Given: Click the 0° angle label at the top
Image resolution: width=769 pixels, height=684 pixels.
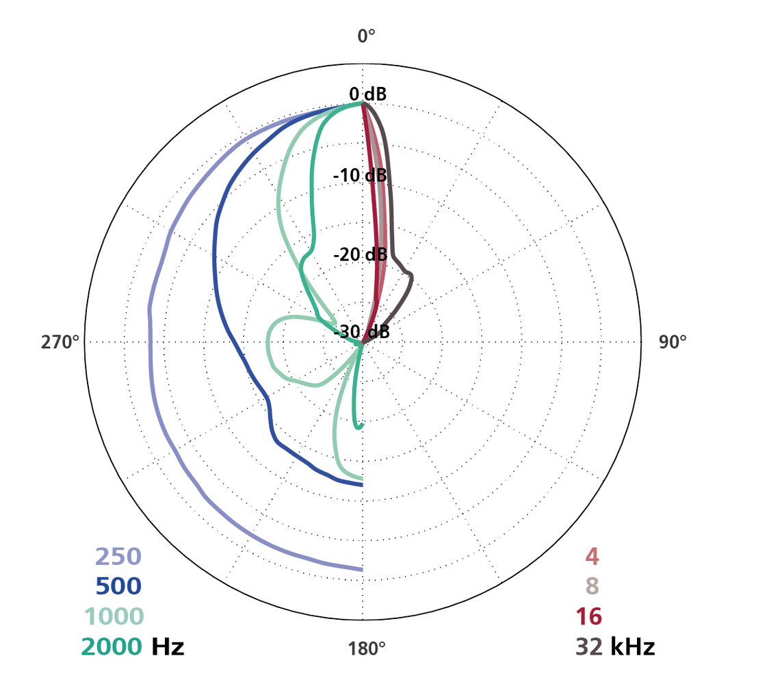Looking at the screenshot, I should pyautogui.click(x=367, y=36).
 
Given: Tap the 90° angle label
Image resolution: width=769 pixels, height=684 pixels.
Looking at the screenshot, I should pyautogui.click(x=673, y=342).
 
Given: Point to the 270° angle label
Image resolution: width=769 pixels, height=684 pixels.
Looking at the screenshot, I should pyautogui.click(x=60, y=342).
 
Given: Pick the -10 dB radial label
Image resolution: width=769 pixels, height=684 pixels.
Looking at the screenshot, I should pyautogui.click(x=361, y=176).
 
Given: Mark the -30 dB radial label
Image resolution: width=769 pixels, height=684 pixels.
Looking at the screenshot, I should pyautogui.click(x=362, y=332).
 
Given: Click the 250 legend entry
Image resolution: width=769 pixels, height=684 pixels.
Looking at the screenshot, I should pyautogui.click(x=118, y=557).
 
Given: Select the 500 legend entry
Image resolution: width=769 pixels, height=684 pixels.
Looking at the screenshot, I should pyautogui.click(x=118, y=586).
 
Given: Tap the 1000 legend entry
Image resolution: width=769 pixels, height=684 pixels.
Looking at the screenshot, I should pyautogui.click(x=114, y=616).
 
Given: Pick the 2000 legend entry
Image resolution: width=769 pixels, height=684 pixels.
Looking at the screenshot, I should pyautogui.click(x=112, y=646).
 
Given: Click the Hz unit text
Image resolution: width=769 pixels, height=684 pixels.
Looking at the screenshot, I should pyautogui.click(x=168, y=646).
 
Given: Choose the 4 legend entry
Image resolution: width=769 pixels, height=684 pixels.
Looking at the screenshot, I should pyautogui.click(x=592, y=557).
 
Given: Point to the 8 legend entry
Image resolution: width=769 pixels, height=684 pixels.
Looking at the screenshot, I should pyautogui.click(x=592, y=586).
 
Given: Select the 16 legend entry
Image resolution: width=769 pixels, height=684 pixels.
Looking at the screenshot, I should pyautogui.click(x=588, y=616).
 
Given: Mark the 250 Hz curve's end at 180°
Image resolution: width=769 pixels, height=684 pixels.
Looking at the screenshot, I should pyautogui.click(x=361, y=568).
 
